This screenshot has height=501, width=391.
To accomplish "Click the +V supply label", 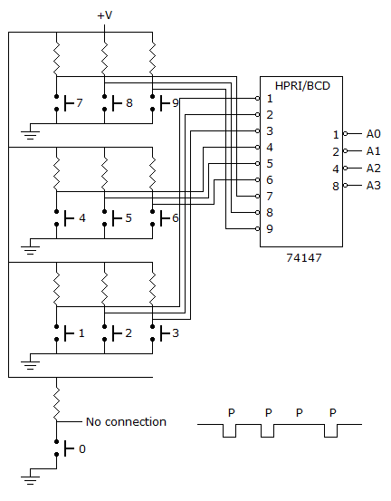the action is click(105, 15).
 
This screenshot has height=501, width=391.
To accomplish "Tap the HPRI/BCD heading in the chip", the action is click(302, 86).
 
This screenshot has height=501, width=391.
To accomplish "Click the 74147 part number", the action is click(304, 257).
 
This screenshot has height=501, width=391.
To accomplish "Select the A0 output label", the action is click(374, 133).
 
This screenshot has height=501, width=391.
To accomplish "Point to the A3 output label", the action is click(374, 186).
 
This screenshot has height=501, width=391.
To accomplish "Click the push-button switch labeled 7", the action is click(65, 103).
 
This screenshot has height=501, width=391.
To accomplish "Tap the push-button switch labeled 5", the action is click(112, 218).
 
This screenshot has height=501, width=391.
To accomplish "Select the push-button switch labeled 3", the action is click(160, 332).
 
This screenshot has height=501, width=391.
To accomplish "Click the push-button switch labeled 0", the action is click(65, 448).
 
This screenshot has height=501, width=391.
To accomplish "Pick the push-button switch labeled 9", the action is click(160, 103).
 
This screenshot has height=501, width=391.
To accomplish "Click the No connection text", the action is click(126, 422).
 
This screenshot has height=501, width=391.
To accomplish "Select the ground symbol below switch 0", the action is click(31, 477).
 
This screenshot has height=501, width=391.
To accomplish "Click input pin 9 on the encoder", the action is click(258, 229).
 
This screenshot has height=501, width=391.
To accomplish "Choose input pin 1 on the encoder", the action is click(258, 99).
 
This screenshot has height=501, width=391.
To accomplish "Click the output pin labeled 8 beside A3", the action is click(345, 186).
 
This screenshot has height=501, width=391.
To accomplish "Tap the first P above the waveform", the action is click(232, 413).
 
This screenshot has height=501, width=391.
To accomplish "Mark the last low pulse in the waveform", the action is click(331, 430).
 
